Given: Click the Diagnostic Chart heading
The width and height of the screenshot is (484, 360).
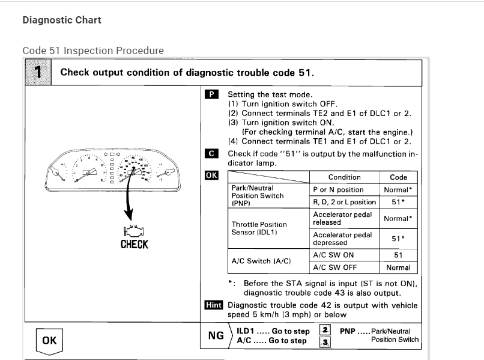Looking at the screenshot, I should click(62, 20).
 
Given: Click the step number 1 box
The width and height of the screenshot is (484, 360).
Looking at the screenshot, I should click(38, 73).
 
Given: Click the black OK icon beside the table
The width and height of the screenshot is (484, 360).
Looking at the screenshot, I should click(211, 175).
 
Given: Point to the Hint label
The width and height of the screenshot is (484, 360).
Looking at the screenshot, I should click(213, 305).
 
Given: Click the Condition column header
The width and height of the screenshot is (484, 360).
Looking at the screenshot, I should click(345, 177).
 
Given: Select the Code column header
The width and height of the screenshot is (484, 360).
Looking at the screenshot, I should click(399, 177).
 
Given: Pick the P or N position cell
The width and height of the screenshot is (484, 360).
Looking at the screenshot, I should click(338, 189).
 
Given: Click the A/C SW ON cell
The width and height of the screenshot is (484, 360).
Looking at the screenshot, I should click(334, 255).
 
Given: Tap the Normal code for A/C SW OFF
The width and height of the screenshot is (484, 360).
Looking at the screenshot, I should click(399, 267).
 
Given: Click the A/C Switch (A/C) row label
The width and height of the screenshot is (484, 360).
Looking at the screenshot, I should click(261, 261).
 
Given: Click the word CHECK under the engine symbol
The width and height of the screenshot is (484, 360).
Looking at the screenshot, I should click(134, 244).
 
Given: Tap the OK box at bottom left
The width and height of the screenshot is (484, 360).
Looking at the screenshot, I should click(49, 340).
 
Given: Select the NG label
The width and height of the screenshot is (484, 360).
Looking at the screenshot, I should click(216, 335).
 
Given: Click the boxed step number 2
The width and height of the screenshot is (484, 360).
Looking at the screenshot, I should click(324, 330).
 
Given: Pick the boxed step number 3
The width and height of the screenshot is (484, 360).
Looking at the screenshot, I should click(324, 342).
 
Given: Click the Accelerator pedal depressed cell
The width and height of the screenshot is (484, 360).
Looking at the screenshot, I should click(342, 239).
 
